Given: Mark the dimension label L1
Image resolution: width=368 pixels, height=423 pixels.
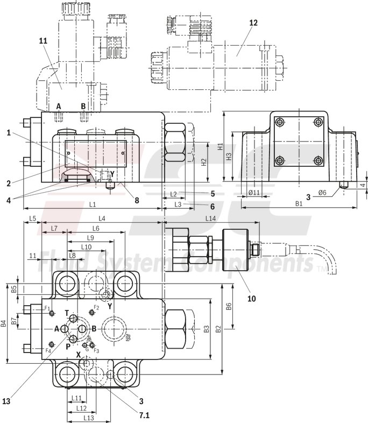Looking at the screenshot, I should pos(92,205).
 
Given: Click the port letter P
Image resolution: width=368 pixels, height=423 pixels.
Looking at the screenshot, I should pos(68,347).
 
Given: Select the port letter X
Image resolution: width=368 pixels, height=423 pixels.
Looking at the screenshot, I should pos(78,355).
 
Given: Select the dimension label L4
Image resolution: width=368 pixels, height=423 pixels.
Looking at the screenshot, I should pos(101,218).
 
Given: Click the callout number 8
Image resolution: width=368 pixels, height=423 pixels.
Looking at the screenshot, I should pos(137,200).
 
